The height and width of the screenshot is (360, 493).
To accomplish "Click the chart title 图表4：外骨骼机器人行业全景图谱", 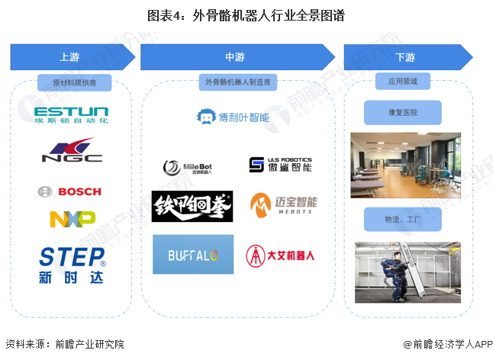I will pos(246,14).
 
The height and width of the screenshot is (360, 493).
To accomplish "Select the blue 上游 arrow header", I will pos(69,57).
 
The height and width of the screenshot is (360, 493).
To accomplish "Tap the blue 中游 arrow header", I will pos(237,57).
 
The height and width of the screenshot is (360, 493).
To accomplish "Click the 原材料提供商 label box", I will pos(74,82).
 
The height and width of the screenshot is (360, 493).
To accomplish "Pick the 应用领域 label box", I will pos(402,82).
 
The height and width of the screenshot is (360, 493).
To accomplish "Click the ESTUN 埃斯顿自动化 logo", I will pos(72,115).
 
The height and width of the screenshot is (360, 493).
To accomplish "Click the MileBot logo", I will pos(185,167).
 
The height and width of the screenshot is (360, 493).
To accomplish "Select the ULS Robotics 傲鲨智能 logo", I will pos(280,165).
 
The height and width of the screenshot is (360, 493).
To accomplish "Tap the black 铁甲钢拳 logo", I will pos(192,206).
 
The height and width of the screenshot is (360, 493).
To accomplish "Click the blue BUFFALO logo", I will pos(192,253).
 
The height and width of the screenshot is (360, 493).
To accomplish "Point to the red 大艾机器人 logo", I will pos(280,254).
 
